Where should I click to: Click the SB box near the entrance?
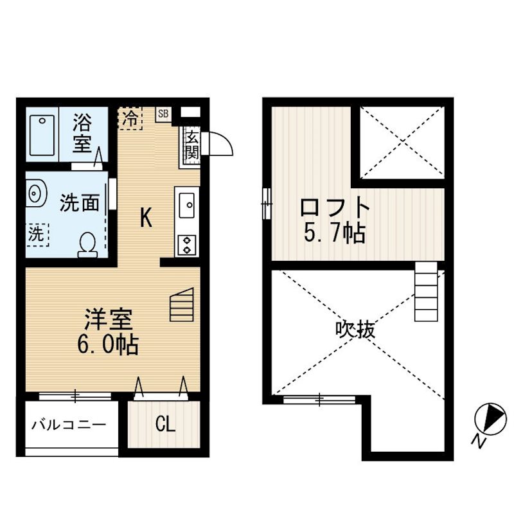coord(163,114)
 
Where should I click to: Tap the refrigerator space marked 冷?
coord(130,118)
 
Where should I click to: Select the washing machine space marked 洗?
coord(37,235)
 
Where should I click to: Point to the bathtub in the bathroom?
coord(42,135)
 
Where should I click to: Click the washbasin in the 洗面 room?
coord(36,193)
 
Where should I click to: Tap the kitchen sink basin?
coord(187,206)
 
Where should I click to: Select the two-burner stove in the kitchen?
coord(187,245)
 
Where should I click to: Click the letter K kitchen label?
coord(146,218)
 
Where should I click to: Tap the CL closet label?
coord(165,424)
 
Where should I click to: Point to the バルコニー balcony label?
coord(69,425)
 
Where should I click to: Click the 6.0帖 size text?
coord(108,344)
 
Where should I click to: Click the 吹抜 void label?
coord(355,329)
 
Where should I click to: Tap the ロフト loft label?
coord(335,206)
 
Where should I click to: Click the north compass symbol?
coord(490,420)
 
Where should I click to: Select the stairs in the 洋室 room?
coord(182,305)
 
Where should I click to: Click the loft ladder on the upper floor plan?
coord(426,292)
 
